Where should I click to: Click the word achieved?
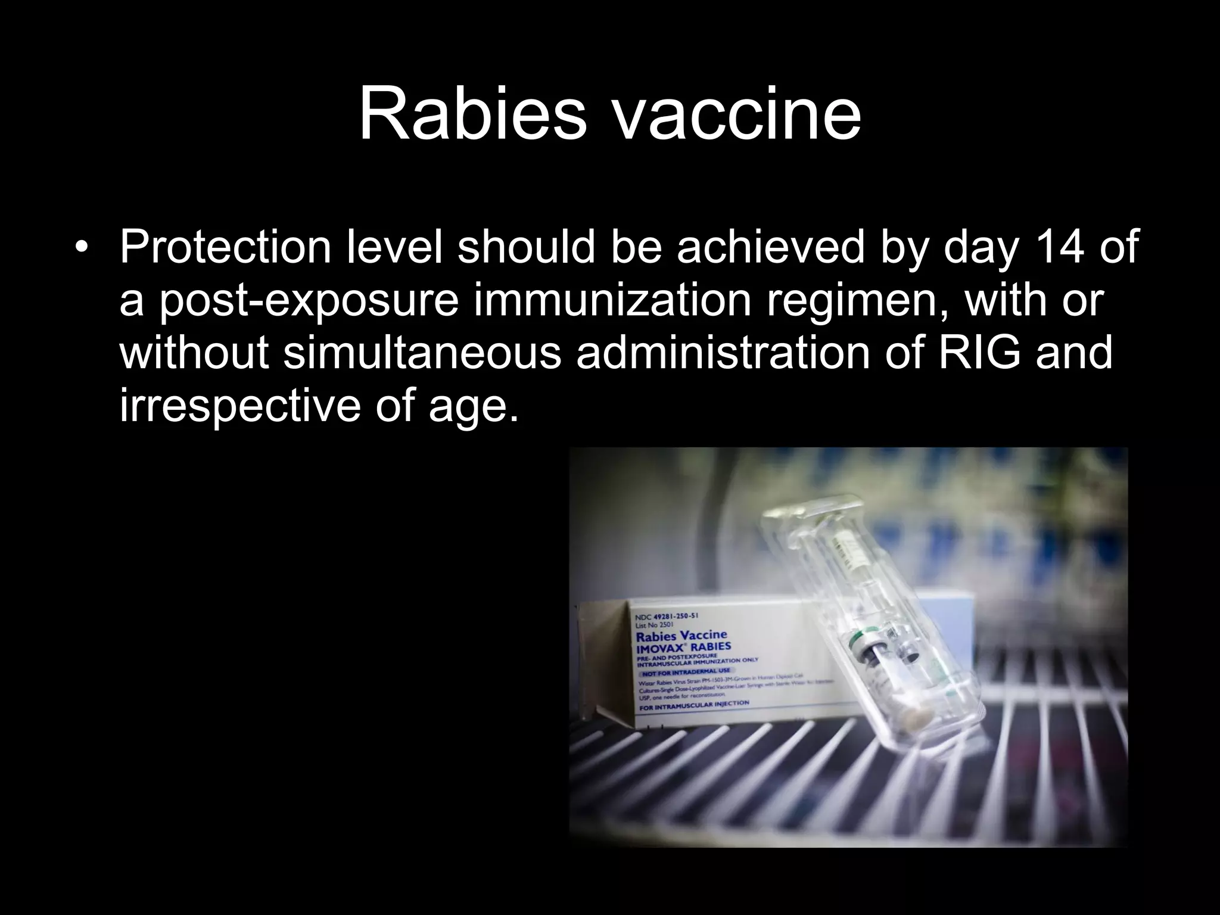(x=769, y=247)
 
